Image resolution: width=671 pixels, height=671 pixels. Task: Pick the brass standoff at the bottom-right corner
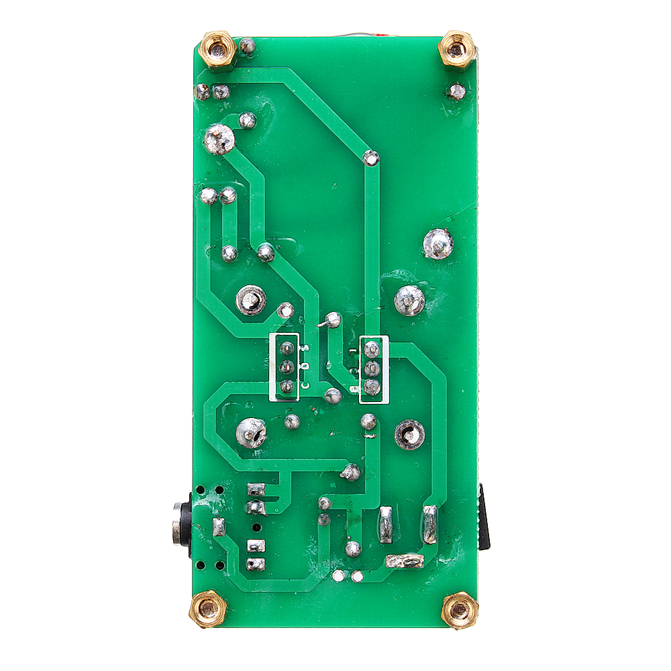pos(460,611)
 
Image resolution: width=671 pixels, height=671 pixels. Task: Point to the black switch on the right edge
pos(484,517)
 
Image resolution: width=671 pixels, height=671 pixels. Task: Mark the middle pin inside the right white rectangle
pos(370,368)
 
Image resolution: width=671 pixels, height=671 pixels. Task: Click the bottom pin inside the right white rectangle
pos(370,386)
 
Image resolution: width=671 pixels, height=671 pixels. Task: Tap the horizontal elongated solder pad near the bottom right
pos(405,561)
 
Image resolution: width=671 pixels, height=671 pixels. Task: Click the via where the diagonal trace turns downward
pos(370,158)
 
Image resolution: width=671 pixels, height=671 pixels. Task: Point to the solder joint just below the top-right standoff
pos(457,91)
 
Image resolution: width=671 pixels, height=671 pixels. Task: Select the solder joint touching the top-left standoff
pos(247,46)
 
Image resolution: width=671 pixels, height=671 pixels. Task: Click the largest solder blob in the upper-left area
pos(219,140)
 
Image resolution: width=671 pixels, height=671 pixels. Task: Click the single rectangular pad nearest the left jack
pos(219,527)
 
